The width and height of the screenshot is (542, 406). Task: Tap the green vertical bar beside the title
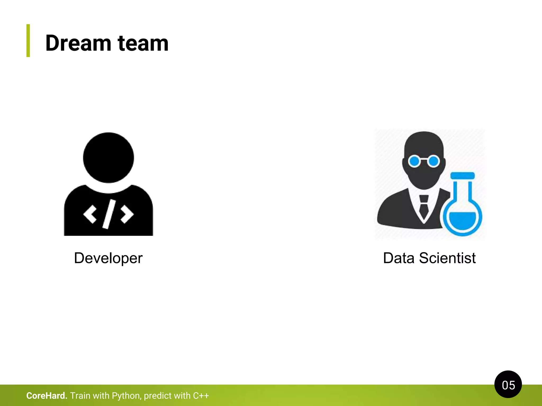click(x=28, y=40)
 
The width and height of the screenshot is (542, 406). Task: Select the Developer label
click(x=108, y=258)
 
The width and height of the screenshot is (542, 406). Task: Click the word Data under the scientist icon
click(x=399, y=258)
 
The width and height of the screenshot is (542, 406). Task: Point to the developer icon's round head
click(x=109, y=158)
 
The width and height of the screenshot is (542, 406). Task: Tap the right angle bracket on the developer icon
click(x=127, y=214)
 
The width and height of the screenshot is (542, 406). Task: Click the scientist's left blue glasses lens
click(x=414, y=161)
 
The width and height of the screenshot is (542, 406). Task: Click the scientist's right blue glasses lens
click(x=433, y=161)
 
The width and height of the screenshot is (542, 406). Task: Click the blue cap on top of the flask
click(x=462, y=176)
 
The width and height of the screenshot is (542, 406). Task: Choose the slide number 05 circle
click(x=508, y=385)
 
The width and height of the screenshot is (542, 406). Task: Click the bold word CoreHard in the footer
click(x=47, y=396)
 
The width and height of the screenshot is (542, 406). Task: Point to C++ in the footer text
click(x=201, y=396)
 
